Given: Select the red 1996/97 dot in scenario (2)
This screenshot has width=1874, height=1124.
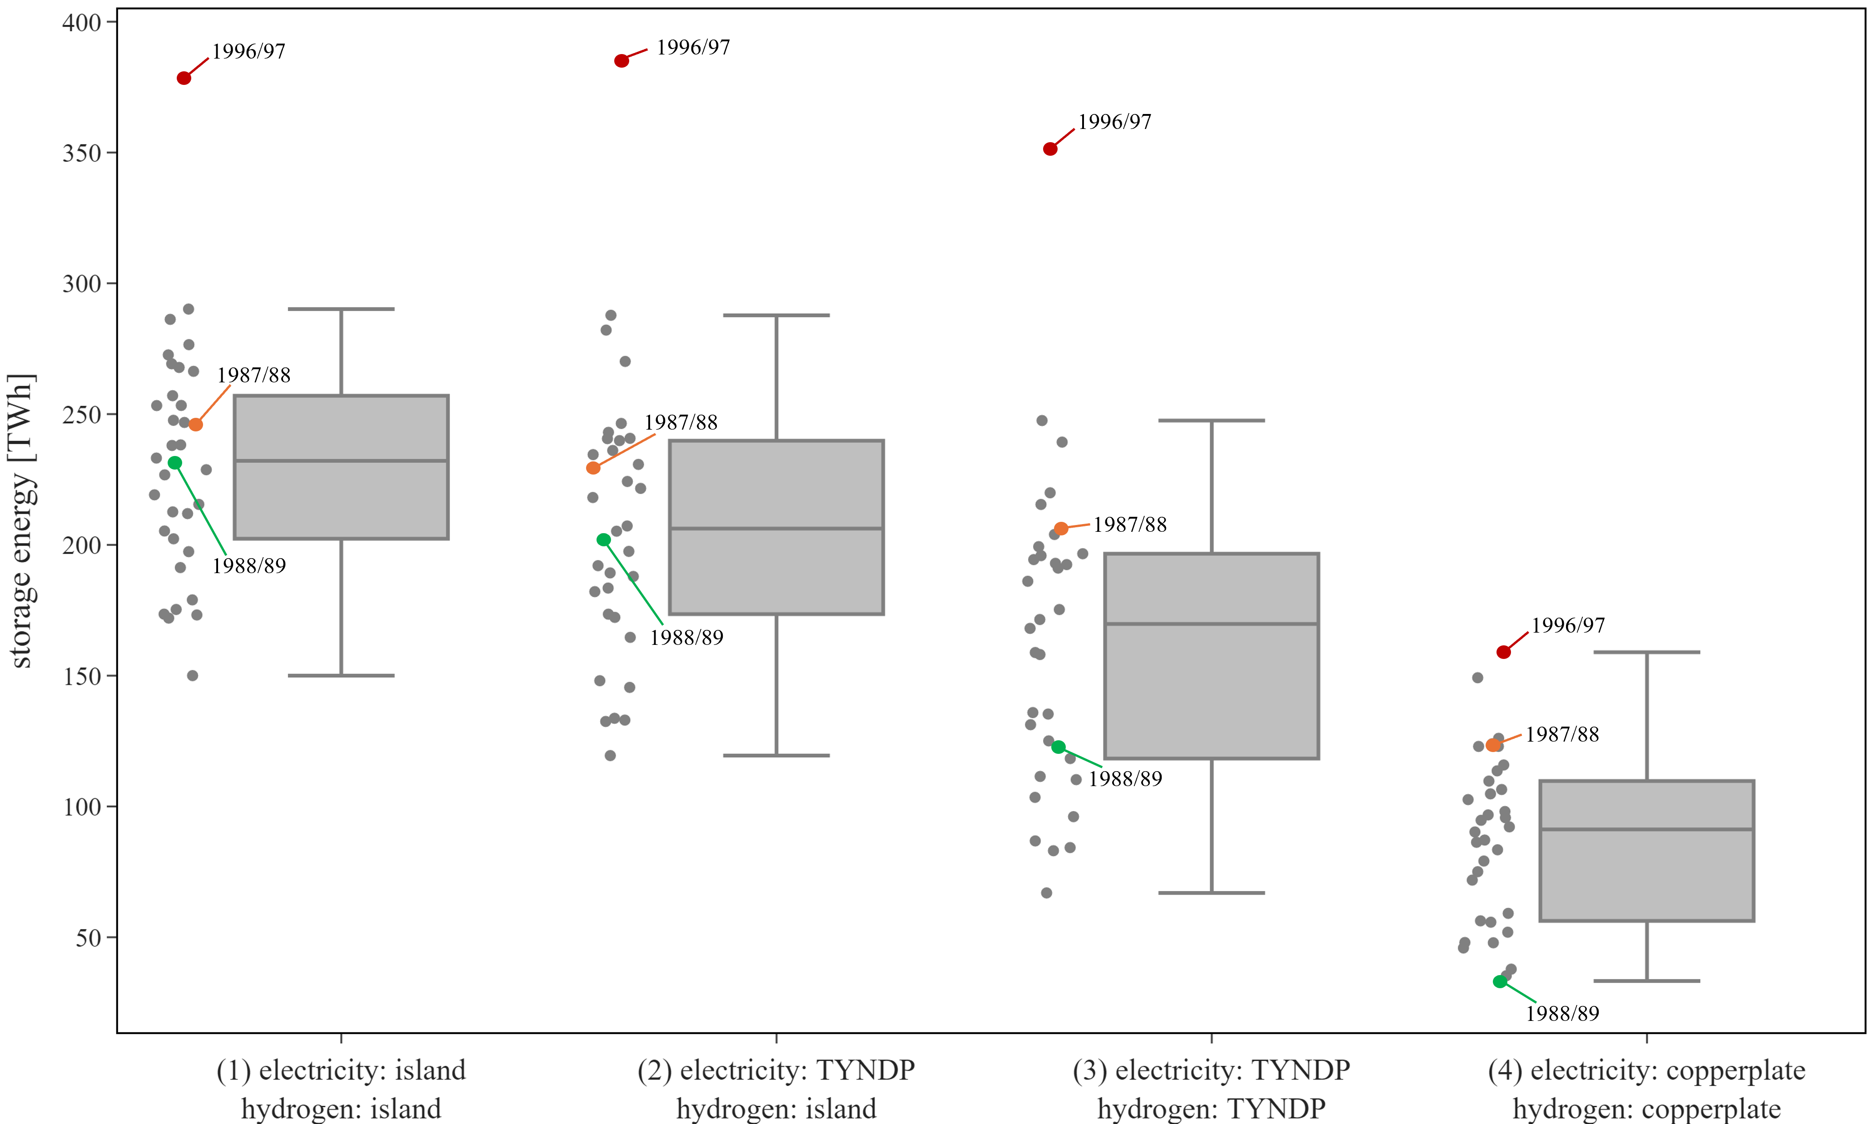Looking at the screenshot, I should tap(621, 60).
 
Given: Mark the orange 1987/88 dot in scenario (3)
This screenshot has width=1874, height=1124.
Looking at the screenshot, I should tap(1061, 529).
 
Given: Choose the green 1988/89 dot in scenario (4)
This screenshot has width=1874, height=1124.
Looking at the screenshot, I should tap(1500, 981).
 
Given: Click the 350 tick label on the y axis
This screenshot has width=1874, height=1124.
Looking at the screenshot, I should tap(82, 153).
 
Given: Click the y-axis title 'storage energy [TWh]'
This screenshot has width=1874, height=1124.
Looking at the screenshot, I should tap(21, 521).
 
